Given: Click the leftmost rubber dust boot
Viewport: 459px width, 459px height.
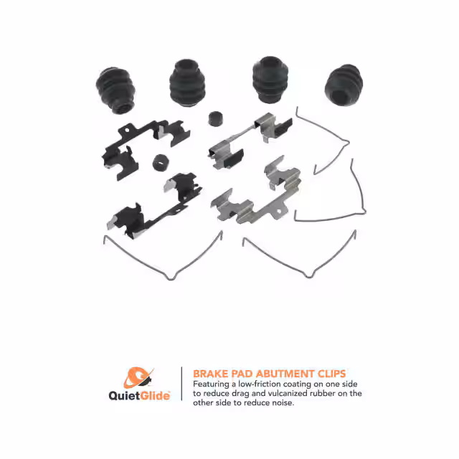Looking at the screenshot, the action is tap(116, 90).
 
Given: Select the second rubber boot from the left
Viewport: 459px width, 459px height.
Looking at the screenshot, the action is tap(187, 83).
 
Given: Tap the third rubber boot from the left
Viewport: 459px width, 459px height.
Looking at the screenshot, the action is tap(270, 80).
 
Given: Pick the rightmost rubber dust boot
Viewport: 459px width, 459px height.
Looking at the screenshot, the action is tap(344, 85).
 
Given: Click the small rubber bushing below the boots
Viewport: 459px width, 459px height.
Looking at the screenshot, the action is tap(215, 118).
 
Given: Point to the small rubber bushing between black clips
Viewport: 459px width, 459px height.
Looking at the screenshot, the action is tap(161, 163).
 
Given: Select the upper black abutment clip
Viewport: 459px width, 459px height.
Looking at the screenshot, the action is tap(145, 149).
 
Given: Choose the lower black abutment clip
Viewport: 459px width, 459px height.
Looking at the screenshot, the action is tap(154, 206).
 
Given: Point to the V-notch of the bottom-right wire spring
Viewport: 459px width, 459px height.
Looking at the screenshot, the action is tap(308, 275).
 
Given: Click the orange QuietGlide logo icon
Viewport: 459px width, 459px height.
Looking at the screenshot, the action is tap(138, 377).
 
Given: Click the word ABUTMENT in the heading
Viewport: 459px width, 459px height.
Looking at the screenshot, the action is tap(285, 374).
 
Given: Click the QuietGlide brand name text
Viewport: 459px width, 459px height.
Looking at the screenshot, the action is tap(139, 396).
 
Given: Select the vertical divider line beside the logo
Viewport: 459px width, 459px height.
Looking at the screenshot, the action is tap(181, 384).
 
